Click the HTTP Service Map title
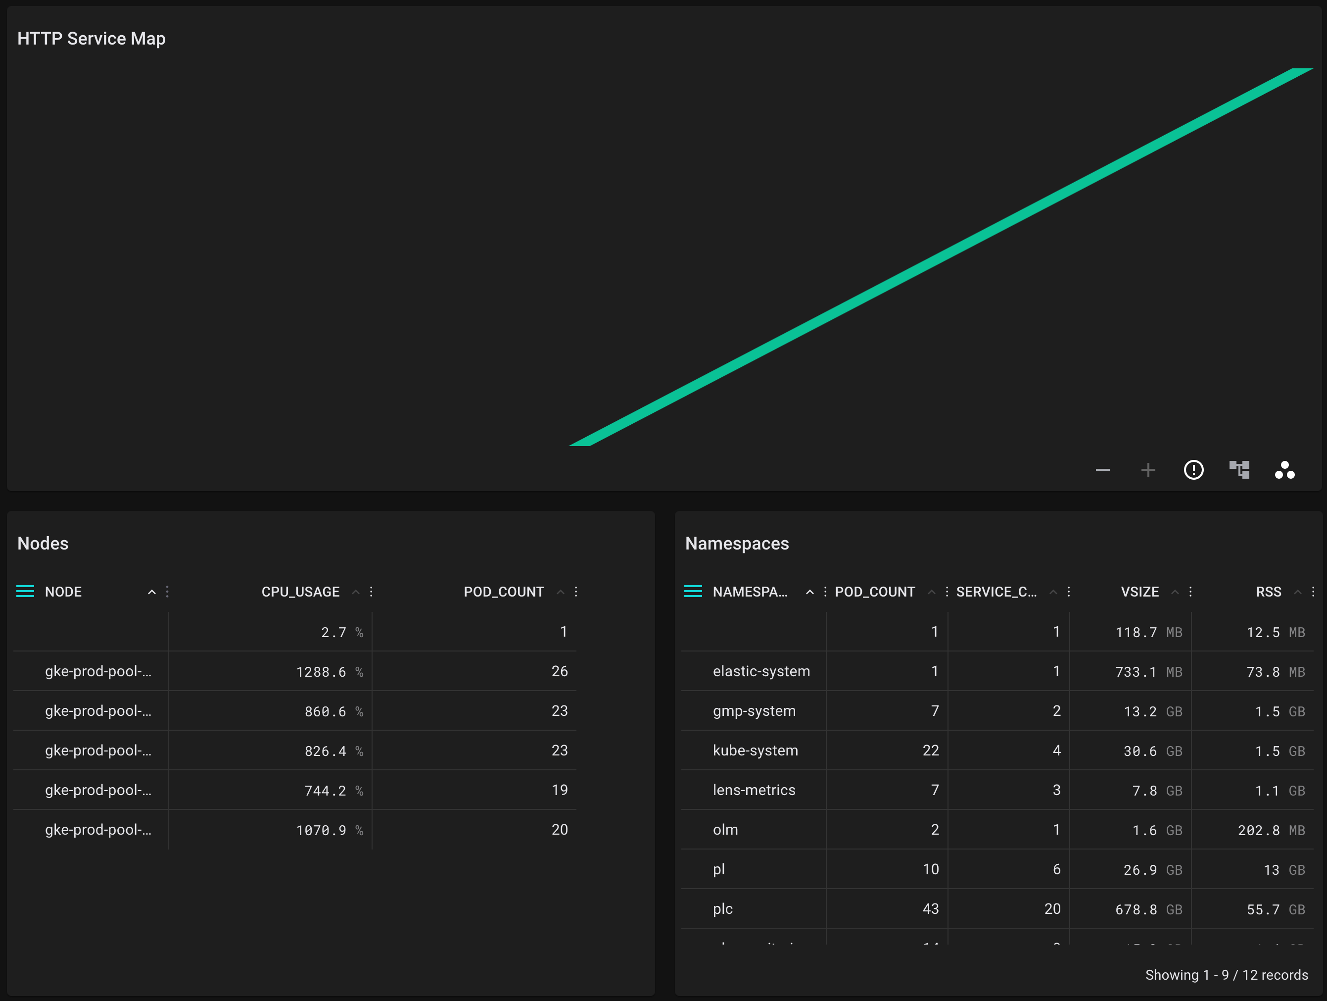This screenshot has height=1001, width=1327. pos(91,39)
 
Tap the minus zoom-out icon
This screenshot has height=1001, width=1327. pos(1102,470)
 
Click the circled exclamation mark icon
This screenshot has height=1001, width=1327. pos(1193,470)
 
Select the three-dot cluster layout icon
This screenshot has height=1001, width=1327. pos(1284,470)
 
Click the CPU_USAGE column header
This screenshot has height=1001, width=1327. pos(300,592)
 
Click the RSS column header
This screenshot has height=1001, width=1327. pos(1268,592)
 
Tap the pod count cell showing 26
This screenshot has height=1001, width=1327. pos(559,671)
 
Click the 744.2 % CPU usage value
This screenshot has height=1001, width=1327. pos(333,791)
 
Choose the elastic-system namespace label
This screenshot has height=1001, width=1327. pos(760,671)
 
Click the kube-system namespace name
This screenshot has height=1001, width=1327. pos(755,750)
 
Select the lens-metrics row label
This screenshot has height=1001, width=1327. pos(754,790)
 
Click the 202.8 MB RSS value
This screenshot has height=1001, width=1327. pos(1271,830)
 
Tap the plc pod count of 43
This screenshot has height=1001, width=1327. pos(930,908)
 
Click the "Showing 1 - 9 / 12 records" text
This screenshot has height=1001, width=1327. pos(1226,975)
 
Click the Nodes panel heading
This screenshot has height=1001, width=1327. pos(43,543)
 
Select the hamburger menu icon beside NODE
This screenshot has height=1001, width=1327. pos(25,592)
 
